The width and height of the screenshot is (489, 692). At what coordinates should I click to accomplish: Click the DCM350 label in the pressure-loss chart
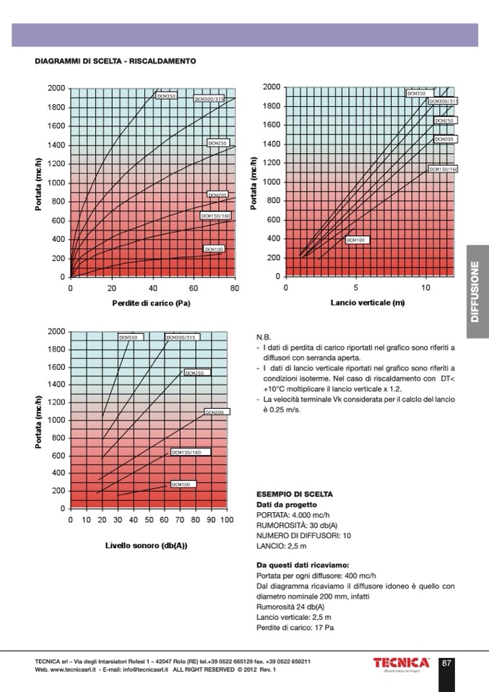[166, 95]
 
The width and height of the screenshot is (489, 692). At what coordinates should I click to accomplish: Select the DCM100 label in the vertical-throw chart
[357, 239]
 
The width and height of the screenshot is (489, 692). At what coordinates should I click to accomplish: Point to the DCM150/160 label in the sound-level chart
[191, 452]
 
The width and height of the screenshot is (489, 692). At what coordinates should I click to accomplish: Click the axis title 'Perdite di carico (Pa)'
[151, 303]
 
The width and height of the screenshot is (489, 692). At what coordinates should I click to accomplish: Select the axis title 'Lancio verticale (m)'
[368, 303]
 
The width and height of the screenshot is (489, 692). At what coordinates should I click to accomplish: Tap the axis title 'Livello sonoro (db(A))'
[147, 545]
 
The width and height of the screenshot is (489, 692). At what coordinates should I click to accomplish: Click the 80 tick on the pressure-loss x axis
[234, 288]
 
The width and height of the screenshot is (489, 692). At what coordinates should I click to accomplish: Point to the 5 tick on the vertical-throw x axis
[356, 287]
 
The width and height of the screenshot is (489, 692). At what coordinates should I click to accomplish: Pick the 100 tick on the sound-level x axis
[226, 519]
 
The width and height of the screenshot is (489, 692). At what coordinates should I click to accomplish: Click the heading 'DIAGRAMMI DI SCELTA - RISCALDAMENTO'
[116, 61]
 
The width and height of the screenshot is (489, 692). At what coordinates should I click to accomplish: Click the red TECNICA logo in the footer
[402, 663]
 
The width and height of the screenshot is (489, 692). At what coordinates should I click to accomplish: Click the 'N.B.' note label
[264, 337]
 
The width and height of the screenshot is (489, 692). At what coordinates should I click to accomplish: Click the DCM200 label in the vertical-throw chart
[443, 139]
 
